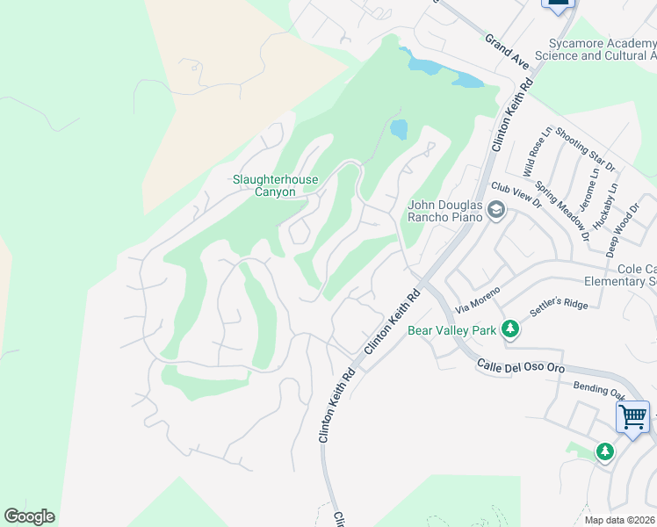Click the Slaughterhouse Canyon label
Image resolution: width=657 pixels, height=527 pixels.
pos(275,185)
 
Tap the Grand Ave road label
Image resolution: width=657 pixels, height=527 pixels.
pos(508,53)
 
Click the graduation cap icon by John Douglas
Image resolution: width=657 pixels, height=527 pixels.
pos(496,209)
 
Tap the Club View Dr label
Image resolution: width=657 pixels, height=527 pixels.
pos(516,194)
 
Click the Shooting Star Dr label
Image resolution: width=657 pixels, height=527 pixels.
pos(574,145)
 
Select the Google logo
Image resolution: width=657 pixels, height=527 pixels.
pos(29,516)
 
